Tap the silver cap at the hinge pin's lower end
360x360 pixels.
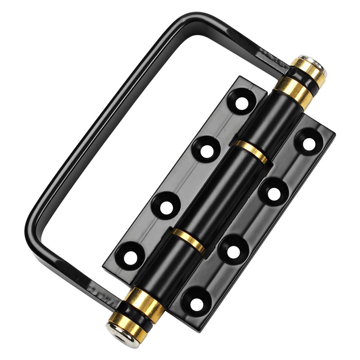117,329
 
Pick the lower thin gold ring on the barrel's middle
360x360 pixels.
189,240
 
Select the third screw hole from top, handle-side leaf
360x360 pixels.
167,207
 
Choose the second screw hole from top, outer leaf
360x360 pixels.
274,194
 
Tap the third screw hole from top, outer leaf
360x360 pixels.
234,249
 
